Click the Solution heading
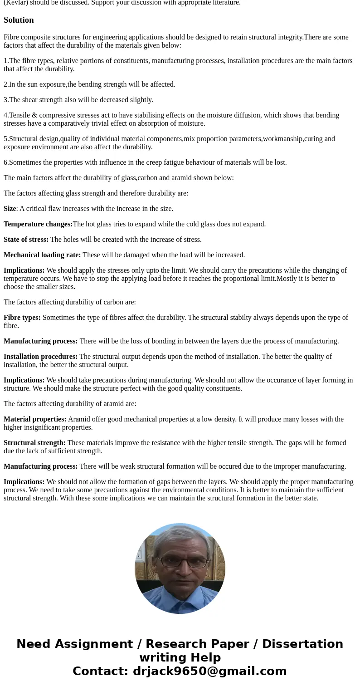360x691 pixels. (19, 20)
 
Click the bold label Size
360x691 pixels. (10, 209)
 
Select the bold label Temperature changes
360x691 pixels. (38, 224)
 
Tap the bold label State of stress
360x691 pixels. (26, 240)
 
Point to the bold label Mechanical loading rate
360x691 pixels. (42, 255)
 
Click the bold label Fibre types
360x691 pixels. (22, 318)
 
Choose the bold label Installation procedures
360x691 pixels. (40, 357)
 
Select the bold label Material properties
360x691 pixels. (35, 419)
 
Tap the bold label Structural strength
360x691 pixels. (34, 443)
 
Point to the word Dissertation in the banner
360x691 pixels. (302, 644)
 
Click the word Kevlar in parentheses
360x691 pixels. (16, 3)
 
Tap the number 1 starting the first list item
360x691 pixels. (5, 61)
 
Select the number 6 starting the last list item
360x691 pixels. (5, 162)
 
